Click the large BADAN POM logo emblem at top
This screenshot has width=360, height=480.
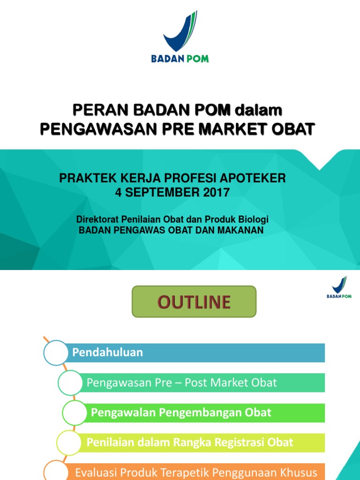pos(180,32)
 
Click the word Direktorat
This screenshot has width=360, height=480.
pos(97,220)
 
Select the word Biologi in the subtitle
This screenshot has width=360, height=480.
pos(255,220)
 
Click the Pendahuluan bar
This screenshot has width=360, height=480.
pos(197,352)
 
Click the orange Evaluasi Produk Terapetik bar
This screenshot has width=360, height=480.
pos(197,472)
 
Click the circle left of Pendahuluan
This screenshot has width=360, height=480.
pos(56,352)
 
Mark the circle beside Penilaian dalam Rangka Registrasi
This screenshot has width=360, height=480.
pos(69,442)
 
